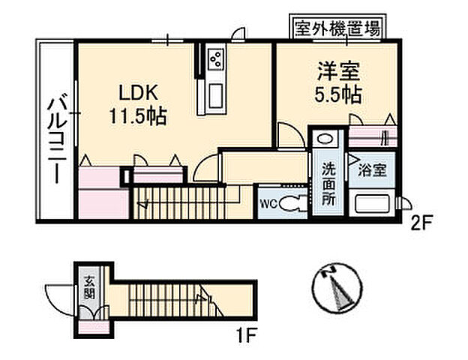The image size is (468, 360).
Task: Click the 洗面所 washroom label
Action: (328, 184)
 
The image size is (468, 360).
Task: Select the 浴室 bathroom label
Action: (372, 169)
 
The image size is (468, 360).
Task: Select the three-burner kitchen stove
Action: (214, 58)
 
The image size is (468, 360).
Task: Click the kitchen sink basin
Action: (213, 96)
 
